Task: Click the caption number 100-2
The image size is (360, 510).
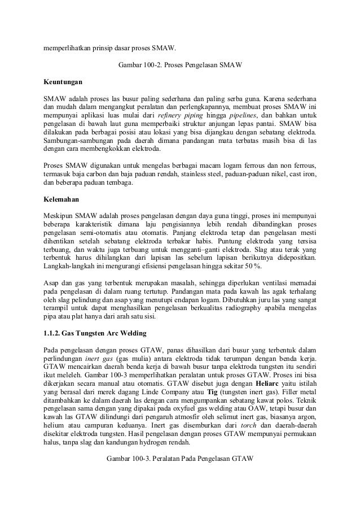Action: coord(151,65)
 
